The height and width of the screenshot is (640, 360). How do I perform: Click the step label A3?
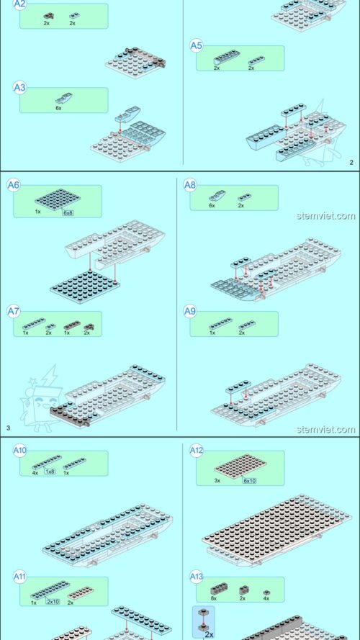click(x=20, y=88)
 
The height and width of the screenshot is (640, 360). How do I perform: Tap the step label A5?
click(x=196, y=45)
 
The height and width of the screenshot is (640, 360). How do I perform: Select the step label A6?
click(x=13, y=185)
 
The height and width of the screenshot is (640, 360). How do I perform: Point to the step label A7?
click(x=13, y=311)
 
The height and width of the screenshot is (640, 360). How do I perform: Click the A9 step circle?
click(x=189, y=311)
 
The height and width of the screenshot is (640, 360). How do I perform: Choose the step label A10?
click(x=20, y=451)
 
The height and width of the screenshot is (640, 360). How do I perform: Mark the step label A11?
click(x=20, y=576)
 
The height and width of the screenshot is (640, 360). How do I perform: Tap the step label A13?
click(x=196, y=576)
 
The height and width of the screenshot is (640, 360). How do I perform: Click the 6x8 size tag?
click(x=68, y=213)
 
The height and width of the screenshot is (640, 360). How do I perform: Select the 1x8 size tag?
click(x=50, y=472)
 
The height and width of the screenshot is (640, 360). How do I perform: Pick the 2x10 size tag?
click(x=53, y=601)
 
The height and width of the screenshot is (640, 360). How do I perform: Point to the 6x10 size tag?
click(x=249, y=480)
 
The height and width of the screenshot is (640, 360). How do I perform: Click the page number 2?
click(x=351, y=163)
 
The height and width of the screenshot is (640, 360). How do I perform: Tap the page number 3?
click(x=8, y=428)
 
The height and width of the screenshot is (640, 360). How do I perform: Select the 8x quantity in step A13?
click(x=214, y=598)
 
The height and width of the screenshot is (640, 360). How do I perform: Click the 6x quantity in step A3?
click(x=58, y=107)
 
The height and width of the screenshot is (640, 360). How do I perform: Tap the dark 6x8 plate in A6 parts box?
click(x=53, y=199)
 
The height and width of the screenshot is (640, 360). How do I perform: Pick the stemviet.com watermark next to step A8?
click(x=325, y=215)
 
